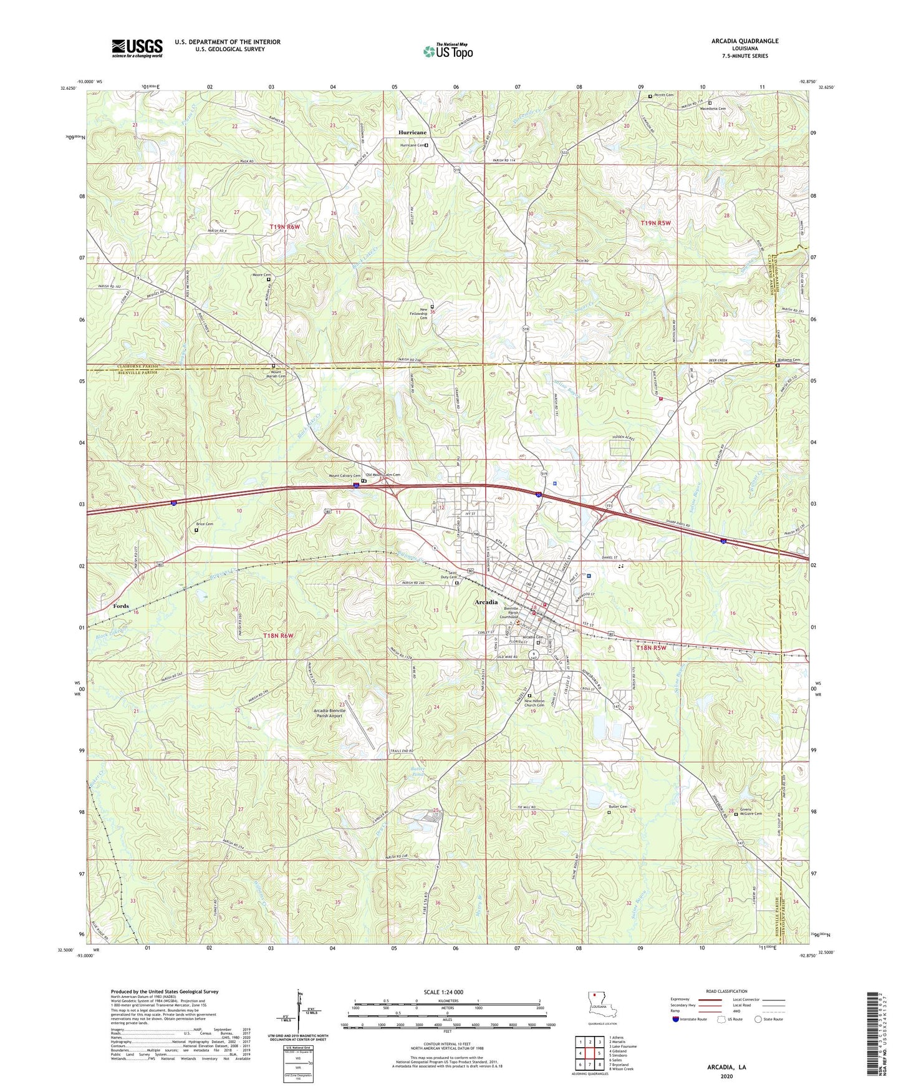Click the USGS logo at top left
tap(137, 48)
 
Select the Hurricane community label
tap(412, 133)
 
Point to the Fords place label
tap(121, 606)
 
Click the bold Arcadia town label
tap(486, 603)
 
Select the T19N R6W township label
tap(285, 227)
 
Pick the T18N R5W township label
tap(651, 648)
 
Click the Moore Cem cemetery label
tap(261, 275)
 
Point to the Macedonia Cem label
tap(714, 109)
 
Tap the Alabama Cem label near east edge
tap(788, 361)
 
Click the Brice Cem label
tap(205, 524)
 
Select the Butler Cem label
tap(617, 806)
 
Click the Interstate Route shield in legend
tap(676, 1020)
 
